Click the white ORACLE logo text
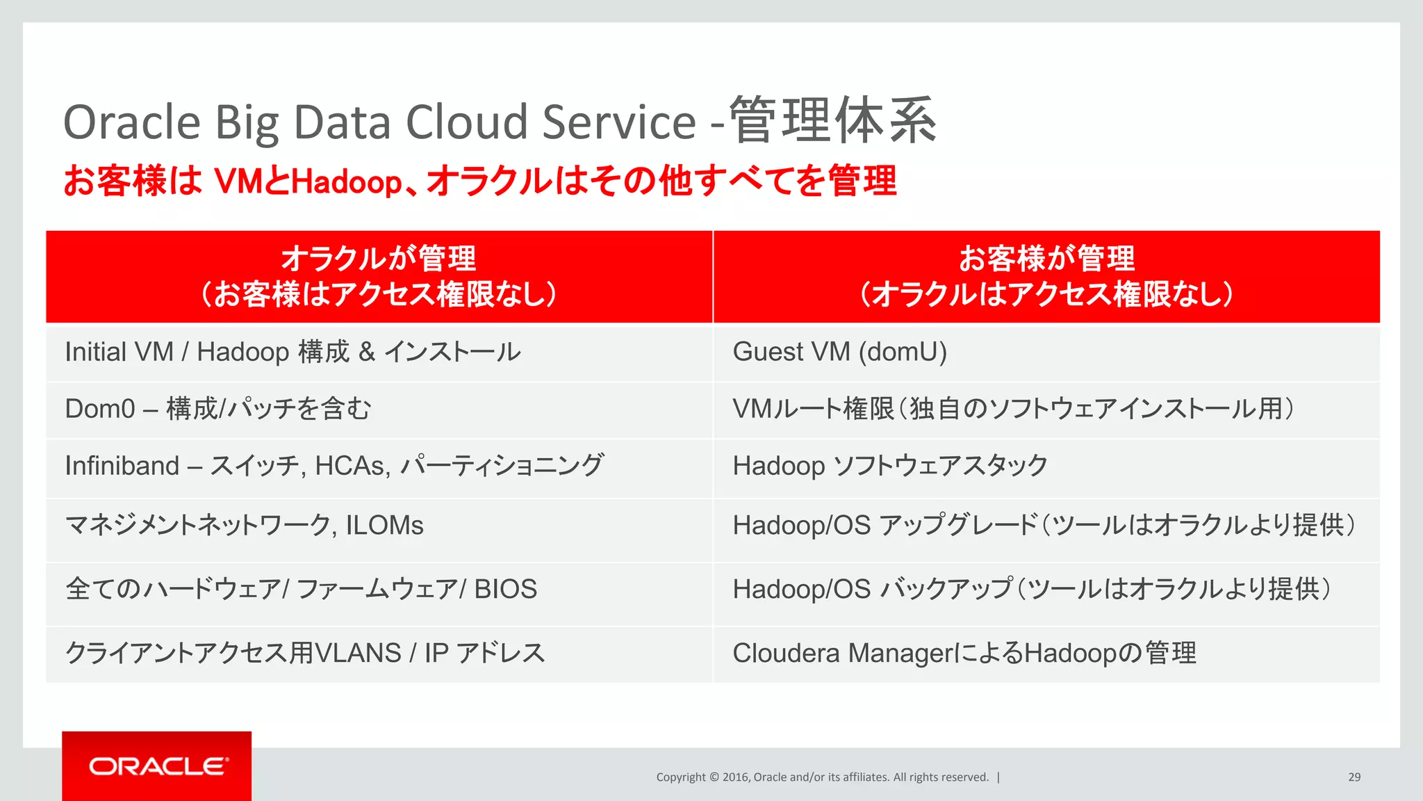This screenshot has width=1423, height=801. tap(158, 766)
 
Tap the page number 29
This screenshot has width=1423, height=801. tap(1354, 777)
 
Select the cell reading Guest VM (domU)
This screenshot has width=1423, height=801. tap(839, 352)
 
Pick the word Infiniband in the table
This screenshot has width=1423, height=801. tap(122, 466)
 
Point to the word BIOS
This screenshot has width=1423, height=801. tap(505, 590)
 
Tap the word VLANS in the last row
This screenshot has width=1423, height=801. tap(358, 654)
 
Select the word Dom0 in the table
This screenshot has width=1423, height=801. tap(99, 409)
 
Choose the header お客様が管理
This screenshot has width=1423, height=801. tap(1046, 259)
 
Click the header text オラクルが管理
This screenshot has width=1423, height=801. tap(379, 259)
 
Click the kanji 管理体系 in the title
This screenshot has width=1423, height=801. tap(832, 121)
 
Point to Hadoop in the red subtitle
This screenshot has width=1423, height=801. tap(346, 182)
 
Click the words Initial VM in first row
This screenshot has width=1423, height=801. tap(119, 352)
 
